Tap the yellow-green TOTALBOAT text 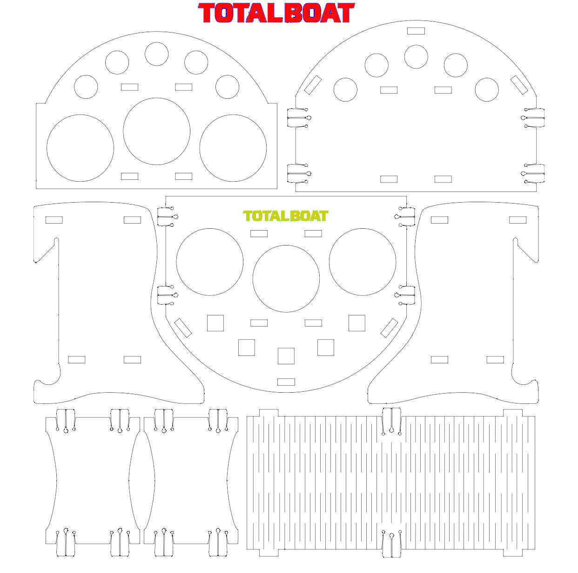[x=285, y=216]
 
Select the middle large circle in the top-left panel [x=157, y=131]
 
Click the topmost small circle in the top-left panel [x=156, y=54]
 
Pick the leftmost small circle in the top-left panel [x=86, y=87]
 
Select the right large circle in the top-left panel [x=233, y=148]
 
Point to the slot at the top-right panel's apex [x=416, y=31]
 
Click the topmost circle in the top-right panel [x=416, y=56]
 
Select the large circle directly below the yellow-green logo [x=286, y=279]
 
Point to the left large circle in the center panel [x=210, y=262]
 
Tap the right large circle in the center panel [x=363, y=262]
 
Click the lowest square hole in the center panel [x=286, y=356]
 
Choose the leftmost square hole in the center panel [x=215, y=323]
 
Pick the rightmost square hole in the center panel [x=357, y=323]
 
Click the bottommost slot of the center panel [x=286, y=382]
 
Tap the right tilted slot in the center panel [x=389, y=328]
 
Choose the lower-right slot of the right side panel [x=495, y=360]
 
